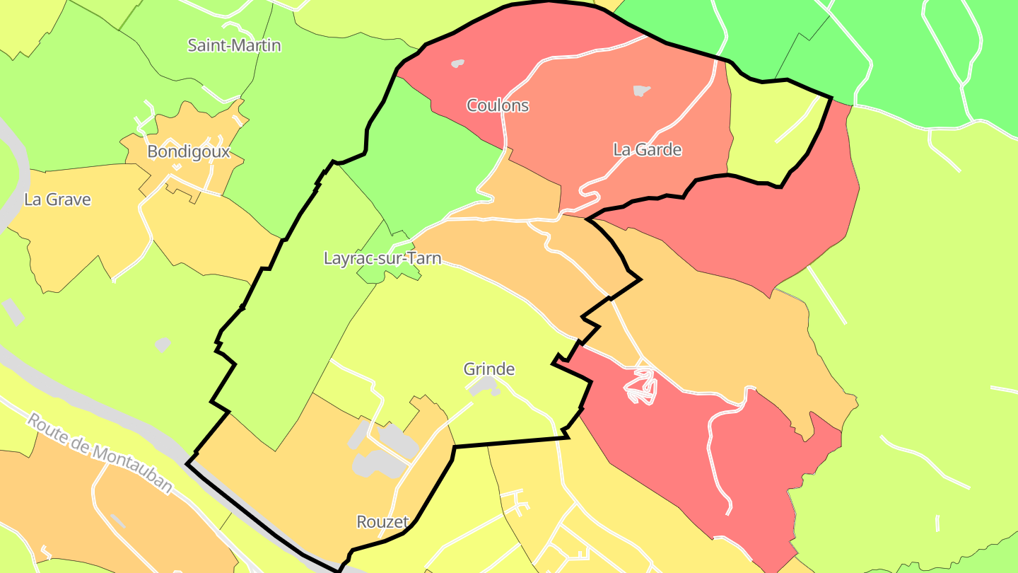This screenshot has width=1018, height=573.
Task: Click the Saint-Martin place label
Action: coord(234,46)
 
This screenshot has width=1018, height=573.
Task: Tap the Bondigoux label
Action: coord(189,152)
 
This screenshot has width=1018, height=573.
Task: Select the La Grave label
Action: coord(57,199)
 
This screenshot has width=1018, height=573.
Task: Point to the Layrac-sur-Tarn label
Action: coord(382,258)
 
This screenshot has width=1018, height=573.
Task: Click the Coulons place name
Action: coord(498,106)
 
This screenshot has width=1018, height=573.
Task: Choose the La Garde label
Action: coord(647,150)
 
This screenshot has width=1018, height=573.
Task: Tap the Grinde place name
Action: coord(489,369)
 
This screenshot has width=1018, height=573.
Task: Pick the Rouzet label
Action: coord(382,523)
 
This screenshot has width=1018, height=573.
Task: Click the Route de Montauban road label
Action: coord(100,453)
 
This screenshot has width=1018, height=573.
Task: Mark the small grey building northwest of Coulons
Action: coord(458,64)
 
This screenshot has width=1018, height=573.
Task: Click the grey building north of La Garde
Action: coord(641,91)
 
